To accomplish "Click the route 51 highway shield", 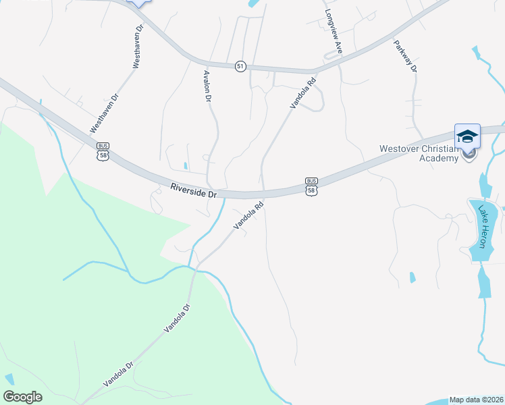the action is (240, 66).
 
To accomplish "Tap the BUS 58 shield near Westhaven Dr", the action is (103, 151).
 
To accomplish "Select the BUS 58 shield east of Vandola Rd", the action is (311, 186).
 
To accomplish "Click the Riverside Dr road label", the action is (193, 190).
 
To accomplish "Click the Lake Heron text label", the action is (483, 226).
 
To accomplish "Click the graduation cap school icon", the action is (467, 136).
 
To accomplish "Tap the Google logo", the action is (23, 396).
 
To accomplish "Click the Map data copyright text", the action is (476, 399).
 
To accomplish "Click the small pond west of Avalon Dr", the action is (185, 165).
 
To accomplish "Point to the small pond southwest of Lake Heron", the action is (412, 277).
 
